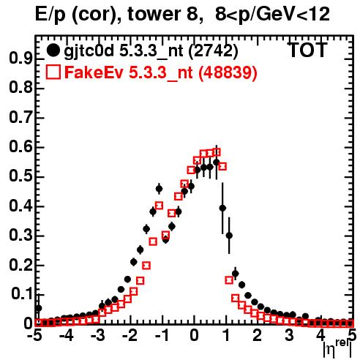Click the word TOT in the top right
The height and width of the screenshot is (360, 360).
pyautogui.click(x=308, y=50)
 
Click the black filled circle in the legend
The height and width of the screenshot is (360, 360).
pyautogui.click(x=53, y=50)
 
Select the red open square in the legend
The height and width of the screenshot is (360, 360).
pyautogui.click(x=53, y=72)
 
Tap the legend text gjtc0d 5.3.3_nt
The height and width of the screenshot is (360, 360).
pyautogui.click(x=124, y=52)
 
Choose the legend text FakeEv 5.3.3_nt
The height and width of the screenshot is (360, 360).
pyautogui.click(x=129, y=72)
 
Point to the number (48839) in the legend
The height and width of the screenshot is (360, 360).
pyautogui.click(x=228, y=73)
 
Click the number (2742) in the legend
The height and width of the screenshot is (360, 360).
pyautogui.click(x=213, y=52)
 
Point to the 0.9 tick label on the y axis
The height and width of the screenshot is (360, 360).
pyautogui.click(x=20, y=59)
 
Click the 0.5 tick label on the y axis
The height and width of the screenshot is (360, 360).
pyautogui.click(x=20, y=177)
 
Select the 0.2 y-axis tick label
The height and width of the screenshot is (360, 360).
pyautogui.click(x=20, y=266)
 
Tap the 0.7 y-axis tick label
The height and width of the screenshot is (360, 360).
pyautogui.click(x=20, y=118)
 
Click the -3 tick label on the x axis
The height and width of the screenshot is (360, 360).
pyautogui.click(x=98, y=336)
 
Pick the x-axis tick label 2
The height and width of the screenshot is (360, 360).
pyautogui.click(x=258, y=336)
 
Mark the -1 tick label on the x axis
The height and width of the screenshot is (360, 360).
pyautogui.click(x=162, y=336)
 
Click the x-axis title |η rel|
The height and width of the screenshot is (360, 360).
pyautogui.click(x=337, y=348)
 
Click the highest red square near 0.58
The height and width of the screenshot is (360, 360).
pyautogui.click(x=217, y=152)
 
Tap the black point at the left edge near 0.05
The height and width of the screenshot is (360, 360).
pyautogui.click(x=39, y=308)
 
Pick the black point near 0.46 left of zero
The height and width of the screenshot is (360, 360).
pyautogui.click(x=159, y=189)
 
